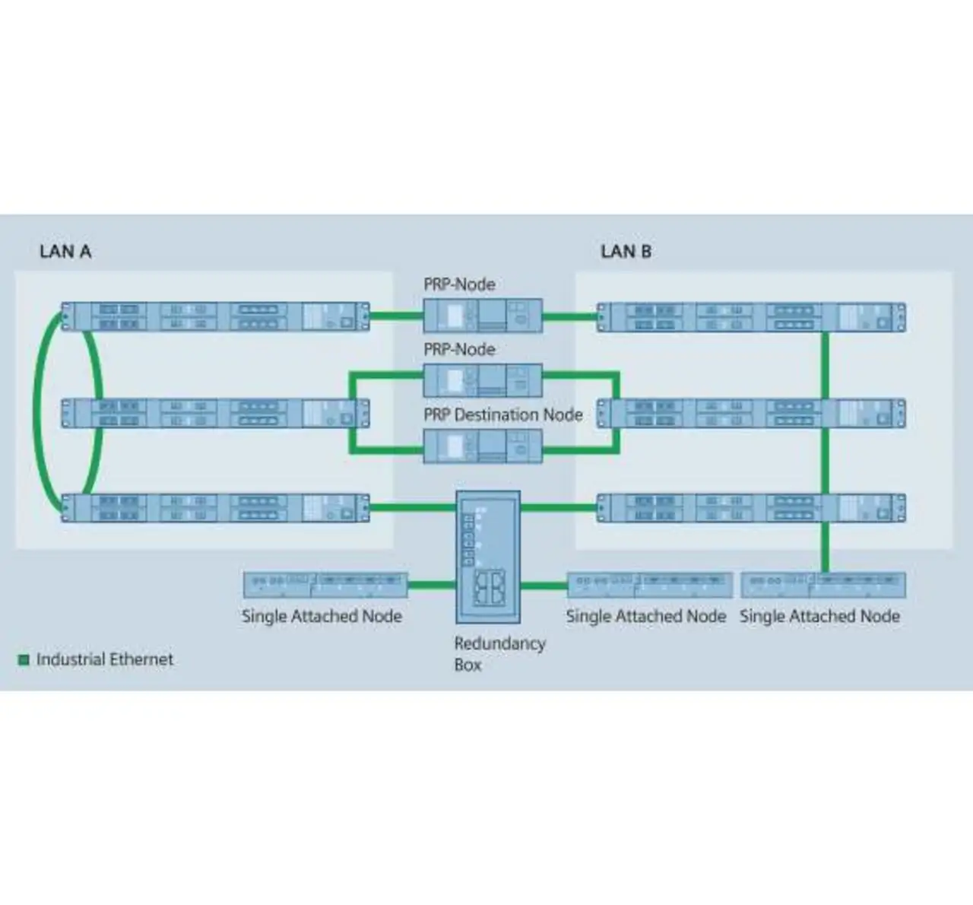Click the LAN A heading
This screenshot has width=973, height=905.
click(x=65, y=252)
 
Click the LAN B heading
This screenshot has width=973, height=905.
click(x=626, y=252)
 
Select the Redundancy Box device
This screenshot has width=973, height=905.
click(x=488, y=557)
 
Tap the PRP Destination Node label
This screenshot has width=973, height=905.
click(x=503, y=415)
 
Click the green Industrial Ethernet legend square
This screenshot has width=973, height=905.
click(x=24, y=660)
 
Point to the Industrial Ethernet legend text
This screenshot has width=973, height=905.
click(x=105, y=660)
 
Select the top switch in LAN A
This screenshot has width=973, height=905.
click(x=216, y=316)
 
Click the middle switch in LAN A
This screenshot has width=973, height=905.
click(x=216, y=413)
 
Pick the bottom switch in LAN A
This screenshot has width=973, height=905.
click(x=216, y=508)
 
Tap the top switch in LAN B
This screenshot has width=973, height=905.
click(x=751, y=317)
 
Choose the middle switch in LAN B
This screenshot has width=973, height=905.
click(x=751, y=413)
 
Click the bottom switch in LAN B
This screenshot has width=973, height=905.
click(x=751, y=508)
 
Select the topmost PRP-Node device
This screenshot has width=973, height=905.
click(x=483, y=315)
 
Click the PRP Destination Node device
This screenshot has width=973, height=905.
click(x=483, y=446)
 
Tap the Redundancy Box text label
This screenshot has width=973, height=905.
click(x=499, y=654)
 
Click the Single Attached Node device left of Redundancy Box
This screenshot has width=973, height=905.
click(x=325, y=585)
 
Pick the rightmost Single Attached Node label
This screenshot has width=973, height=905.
click(x=819, y=617)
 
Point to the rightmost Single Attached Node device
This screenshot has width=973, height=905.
click(x=823, y=585)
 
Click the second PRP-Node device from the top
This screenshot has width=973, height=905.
click(x=483, y=380)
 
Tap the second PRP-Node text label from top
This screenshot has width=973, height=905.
click(x=459, y=350)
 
